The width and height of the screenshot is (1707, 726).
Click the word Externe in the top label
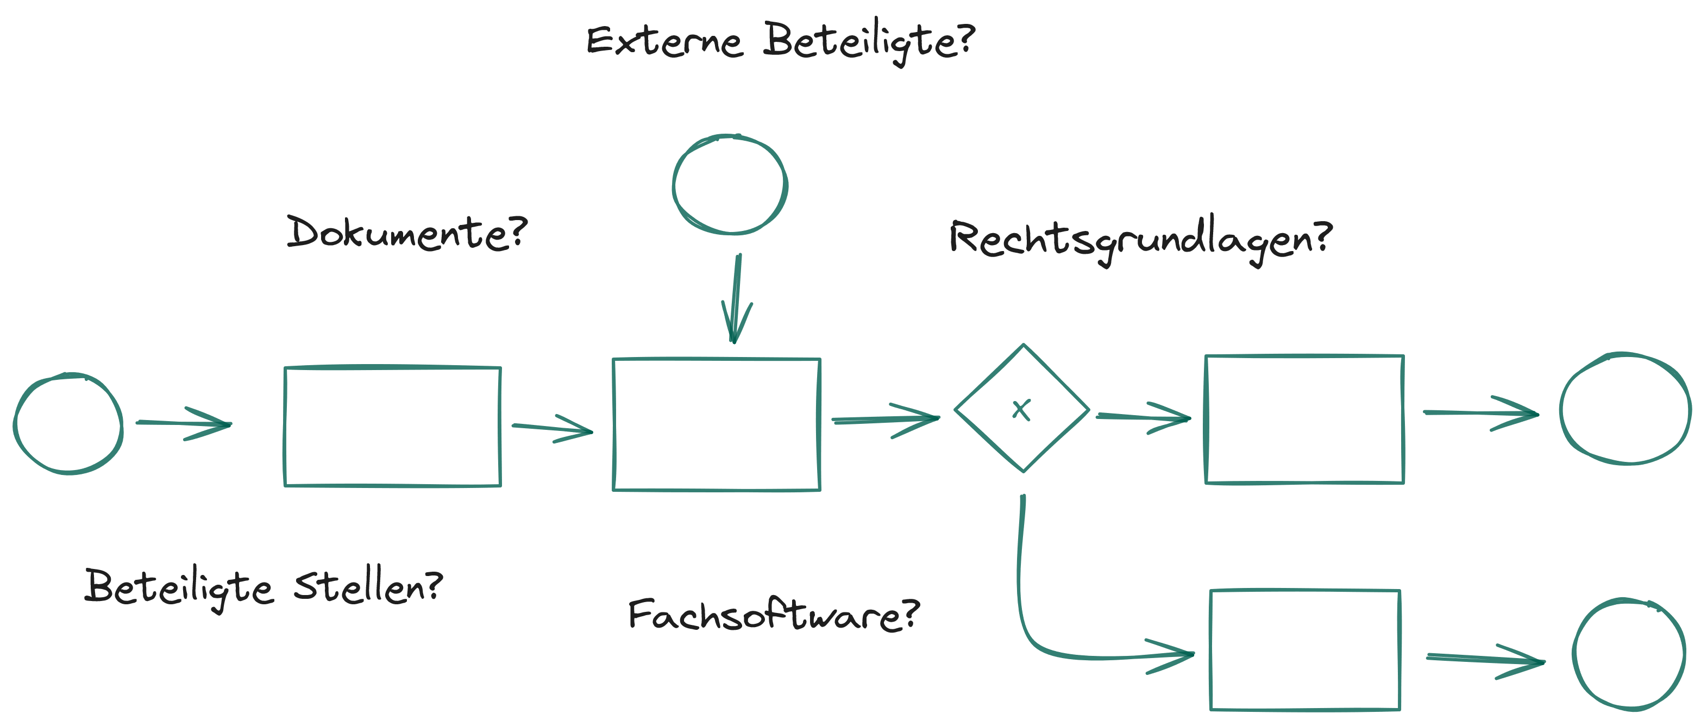click(x=664, y=41)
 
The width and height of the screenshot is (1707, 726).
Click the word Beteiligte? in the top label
click(x=868, y=41)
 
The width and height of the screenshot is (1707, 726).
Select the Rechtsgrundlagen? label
click(x=1140, y=239)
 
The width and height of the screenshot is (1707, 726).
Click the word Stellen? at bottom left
click(x=368, y=586)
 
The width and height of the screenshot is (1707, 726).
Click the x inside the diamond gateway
click(x=1022, y=410)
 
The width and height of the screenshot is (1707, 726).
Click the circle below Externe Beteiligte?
click(x=730, y=185)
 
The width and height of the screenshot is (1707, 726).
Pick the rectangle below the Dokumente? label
click(x=392, y=427)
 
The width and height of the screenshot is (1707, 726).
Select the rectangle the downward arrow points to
click(x=717, y=424)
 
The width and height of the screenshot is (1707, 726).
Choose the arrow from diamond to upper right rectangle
click(x=1143, y=417)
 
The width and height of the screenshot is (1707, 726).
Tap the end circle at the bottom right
click(x=1628, y=654)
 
